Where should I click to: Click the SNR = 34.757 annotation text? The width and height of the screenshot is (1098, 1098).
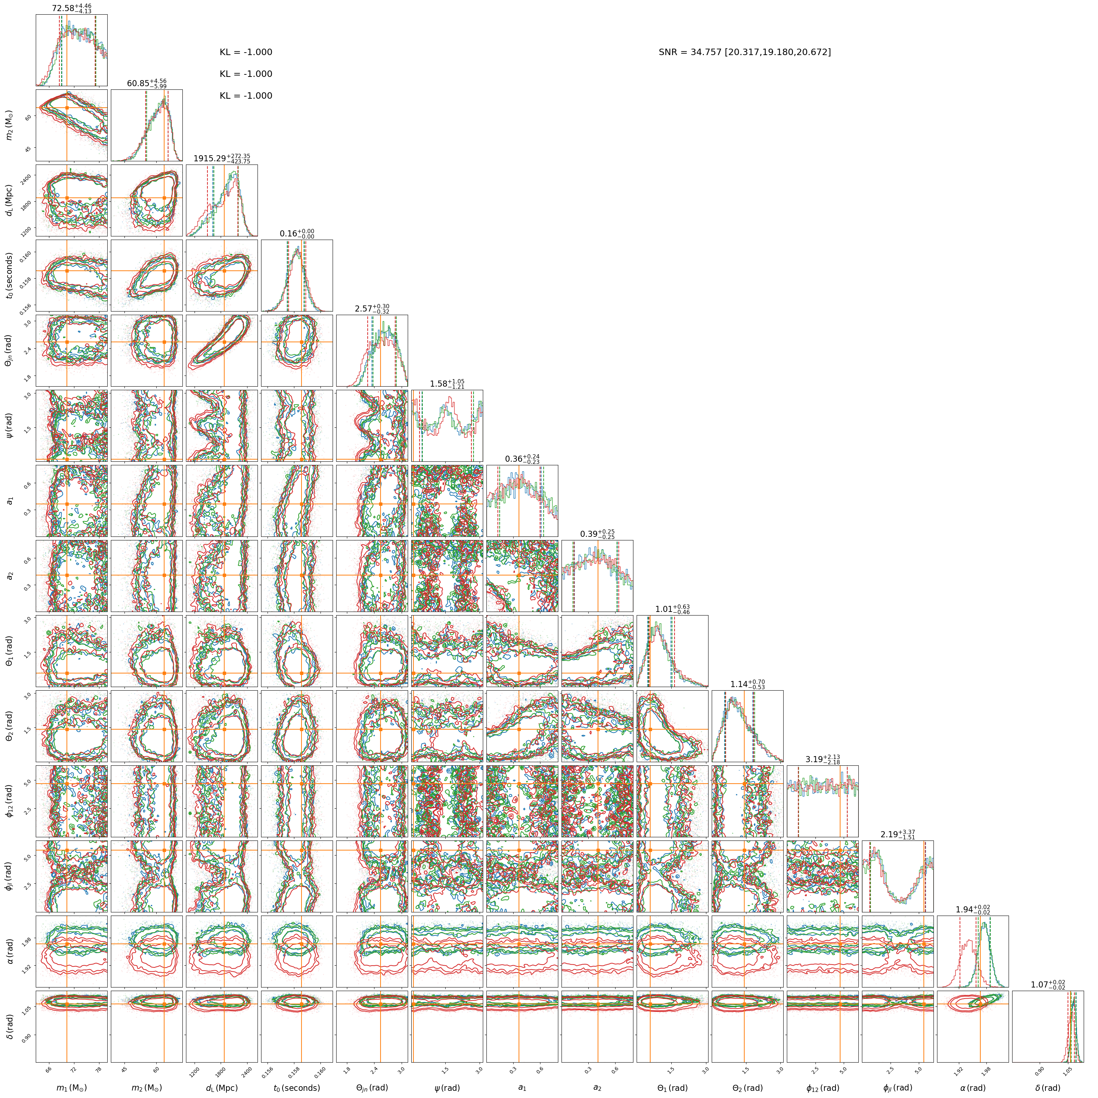tap(745, 52)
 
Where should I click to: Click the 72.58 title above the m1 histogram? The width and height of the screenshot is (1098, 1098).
tap(72, 9)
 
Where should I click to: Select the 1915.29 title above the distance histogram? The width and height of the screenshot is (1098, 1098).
tap(222, 158)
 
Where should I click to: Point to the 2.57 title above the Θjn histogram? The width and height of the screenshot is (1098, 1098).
tap(372, 309)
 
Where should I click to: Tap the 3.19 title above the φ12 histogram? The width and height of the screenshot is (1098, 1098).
tap(822, 759)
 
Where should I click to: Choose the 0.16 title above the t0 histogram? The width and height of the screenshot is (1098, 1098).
tap(296, 234)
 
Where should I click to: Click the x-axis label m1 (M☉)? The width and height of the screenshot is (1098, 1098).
tap(72, 1088)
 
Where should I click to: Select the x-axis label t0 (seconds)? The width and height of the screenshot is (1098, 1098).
tap(296, 1088)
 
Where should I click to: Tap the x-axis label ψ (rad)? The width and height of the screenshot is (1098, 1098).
tap(447, 1088)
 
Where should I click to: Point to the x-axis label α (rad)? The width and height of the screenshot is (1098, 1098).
tap(972, 1088)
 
